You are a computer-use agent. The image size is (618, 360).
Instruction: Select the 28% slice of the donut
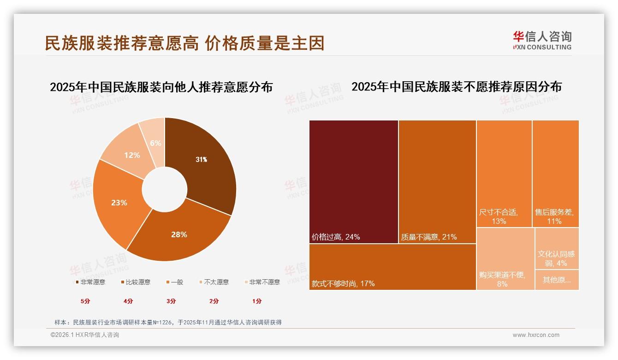179,234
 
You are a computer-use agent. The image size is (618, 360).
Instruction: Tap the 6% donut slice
155,143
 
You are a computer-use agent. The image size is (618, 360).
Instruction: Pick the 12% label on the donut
132,155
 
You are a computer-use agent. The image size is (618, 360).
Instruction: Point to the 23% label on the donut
119,203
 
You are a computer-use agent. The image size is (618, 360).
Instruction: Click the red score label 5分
85,301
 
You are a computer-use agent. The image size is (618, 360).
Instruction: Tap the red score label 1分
257,301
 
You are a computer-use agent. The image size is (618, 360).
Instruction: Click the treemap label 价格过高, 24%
336,237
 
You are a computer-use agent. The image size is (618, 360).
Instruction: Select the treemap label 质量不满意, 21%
429,237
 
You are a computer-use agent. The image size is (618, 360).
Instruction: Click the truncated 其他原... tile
557,280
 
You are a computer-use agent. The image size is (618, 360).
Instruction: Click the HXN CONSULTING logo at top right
542,40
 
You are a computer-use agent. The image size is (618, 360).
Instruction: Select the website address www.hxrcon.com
536,335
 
